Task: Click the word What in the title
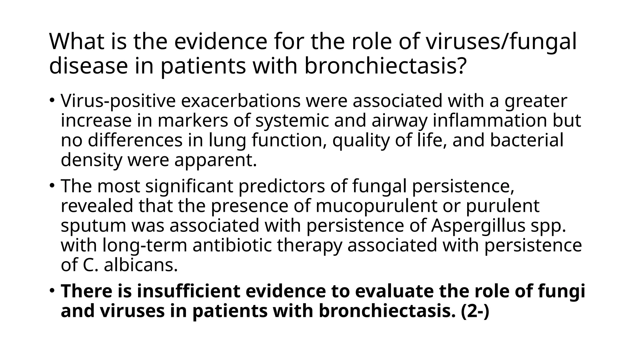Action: pyautogui.click(x=77, y=42)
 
